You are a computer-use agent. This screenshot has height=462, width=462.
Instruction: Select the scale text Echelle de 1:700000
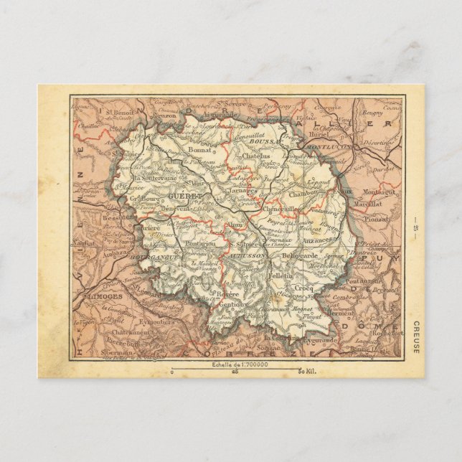coord(230,366)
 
